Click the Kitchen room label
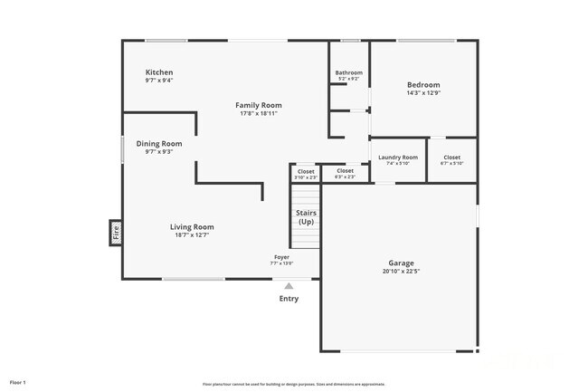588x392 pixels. pos(159,72)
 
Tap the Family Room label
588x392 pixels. pos(259,105)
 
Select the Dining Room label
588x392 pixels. pos(159,143)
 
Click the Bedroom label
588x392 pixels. pos(423,85)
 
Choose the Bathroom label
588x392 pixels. pos(348,72)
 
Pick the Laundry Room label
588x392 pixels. pos(398,157)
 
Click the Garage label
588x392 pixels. pos(402,262)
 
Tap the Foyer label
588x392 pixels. pos(282,257)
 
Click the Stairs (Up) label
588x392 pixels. pos(306,217)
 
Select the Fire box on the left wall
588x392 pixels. pos(116,234)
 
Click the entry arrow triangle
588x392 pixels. pos(289,286)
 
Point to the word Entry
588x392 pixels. pos(289,299)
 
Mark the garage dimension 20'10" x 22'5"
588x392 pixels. pos(402,271)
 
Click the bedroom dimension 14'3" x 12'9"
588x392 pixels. pos(423,93)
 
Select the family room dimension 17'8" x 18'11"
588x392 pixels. pos(259,114)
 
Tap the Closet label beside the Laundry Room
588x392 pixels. pos(451,157)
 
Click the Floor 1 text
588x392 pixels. pos(19,382)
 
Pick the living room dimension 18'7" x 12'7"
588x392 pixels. pos(192,235)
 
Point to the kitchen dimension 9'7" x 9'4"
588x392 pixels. pos(159,81)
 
